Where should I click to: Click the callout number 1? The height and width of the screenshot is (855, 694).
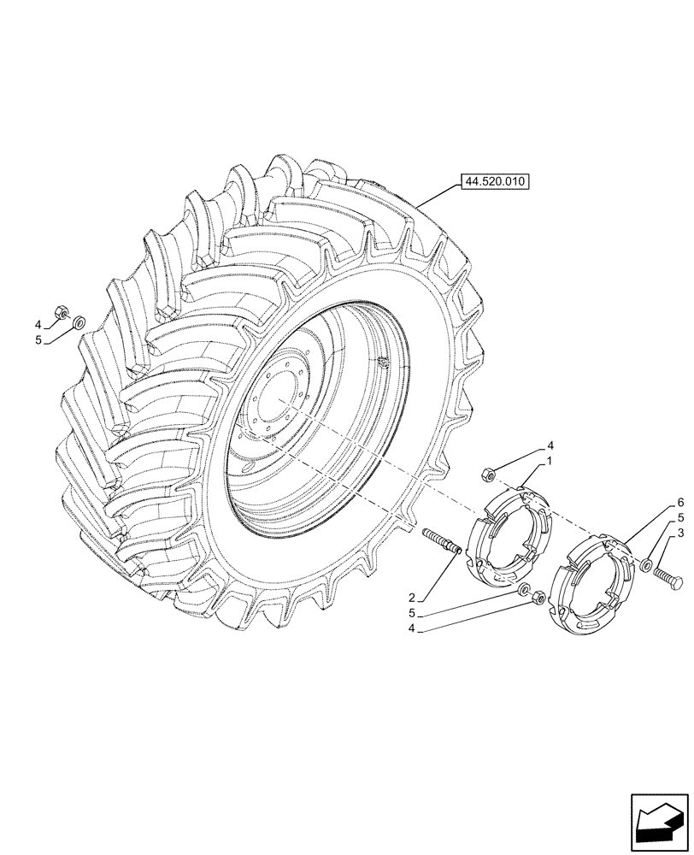click(x=549, y=460)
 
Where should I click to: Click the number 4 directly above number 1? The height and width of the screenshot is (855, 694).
click(x=550, y=445)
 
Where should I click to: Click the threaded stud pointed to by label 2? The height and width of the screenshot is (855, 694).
click(x=443, y=540)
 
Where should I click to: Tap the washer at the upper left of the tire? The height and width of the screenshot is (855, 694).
click(x=77, y=322)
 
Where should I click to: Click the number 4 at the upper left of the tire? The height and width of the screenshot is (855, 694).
click(x=38, y=325)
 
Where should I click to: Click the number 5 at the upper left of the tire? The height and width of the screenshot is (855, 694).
click(x=38, y=340)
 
